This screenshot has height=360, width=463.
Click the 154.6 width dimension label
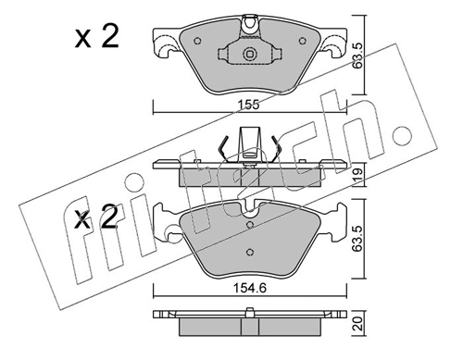[x=250, y=289]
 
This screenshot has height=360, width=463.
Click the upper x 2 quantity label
[x=96, y=37]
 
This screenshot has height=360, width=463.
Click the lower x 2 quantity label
[x=96, y=217]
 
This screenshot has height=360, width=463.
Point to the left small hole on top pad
[x=197, y=41]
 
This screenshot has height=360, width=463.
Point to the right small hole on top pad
[x=303, y=41]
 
